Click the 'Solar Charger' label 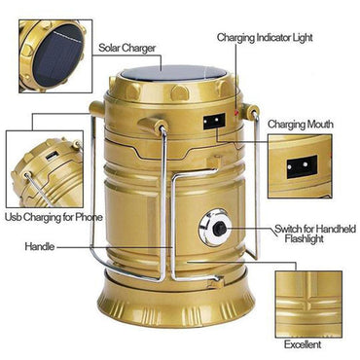click(127, 47)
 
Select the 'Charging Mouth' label click(301, 124)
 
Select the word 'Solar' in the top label click(110, 47)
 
